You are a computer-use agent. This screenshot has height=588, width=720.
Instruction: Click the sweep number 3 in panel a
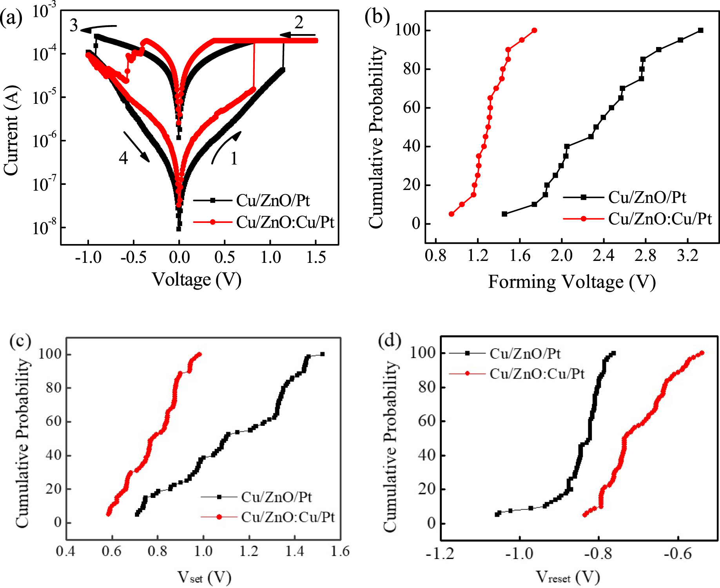(74, 25)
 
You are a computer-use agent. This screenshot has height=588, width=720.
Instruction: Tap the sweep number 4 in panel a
(123, 158)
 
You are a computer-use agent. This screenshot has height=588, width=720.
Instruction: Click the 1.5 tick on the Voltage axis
(316, 257)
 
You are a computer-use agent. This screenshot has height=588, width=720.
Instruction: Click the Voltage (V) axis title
(196, 280)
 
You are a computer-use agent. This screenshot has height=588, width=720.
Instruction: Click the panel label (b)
(377, 18)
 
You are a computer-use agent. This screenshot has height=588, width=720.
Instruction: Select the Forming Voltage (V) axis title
(572, 282)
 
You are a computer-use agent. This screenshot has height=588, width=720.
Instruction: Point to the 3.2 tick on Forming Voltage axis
(687, 255)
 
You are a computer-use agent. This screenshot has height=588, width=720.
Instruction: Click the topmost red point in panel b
(534, 31)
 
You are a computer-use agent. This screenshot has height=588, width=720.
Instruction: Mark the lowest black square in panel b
(505, 214)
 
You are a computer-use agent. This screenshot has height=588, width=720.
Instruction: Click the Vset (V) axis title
(204, 577)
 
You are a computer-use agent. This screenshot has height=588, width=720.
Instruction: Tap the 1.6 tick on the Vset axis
(340, 552)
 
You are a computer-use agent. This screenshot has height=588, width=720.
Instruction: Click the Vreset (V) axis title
(568, 577)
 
